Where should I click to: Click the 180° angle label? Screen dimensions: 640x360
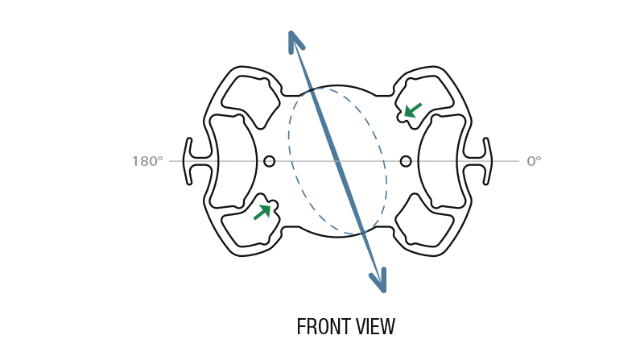coord(147,161)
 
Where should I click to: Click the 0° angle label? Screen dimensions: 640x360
coord(534,161)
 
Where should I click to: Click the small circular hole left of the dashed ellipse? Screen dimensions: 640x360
coord(269,161)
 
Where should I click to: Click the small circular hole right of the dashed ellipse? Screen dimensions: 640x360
coord(406,161)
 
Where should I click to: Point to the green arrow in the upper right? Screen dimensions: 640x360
coord(412,110)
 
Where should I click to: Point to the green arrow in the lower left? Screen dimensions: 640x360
coord(262,212)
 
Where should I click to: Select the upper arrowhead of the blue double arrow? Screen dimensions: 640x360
coord(295,41)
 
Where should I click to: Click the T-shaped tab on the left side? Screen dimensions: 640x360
coord(197,161)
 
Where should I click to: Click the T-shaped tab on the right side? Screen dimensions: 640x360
coord(478,161)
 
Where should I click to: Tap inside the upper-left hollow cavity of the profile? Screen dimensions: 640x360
coord(250,100)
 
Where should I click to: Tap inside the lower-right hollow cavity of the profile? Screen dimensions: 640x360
coord(424,222)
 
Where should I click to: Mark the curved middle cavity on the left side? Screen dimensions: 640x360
coord(233,161)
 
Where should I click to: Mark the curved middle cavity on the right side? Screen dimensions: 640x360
coord(442,161)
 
